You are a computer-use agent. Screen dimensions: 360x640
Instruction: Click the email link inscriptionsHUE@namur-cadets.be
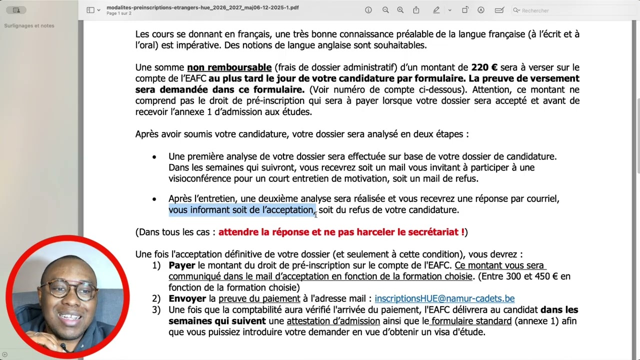point(444,298)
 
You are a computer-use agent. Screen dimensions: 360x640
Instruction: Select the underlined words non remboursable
point(229,67)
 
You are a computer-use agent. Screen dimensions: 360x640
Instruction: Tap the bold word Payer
point(181,265)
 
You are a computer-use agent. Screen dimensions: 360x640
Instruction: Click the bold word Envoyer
point(187,298)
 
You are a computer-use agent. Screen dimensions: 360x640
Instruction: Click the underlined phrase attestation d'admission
point(333,321)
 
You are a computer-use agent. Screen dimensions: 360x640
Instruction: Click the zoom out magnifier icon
point(385,10)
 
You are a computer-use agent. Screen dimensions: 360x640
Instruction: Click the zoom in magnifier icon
point(400,10)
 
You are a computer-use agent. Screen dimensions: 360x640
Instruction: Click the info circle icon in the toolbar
point(368,10)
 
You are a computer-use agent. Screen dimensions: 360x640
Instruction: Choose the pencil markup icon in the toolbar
point(436,10)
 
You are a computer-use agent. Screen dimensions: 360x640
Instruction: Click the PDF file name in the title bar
point(202,7)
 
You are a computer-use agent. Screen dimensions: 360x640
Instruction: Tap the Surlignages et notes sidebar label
point(29,25)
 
